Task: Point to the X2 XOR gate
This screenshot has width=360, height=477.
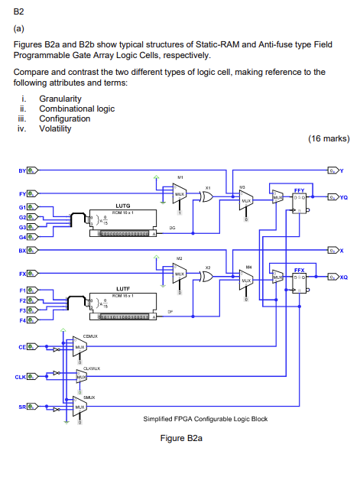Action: coord(208,277)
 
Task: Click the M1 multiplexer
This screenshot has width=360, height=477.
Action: coord(178,193)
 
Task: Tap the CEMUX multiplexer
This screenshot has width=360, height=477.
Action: coord(79,347)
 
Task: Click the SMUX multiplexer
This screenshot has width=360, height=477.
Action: coord(79,407)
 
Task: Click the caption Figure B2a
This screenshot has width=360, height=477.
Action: coord(180,440)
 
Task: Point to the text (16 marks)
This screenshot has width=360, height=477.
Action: coord(328,139)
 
